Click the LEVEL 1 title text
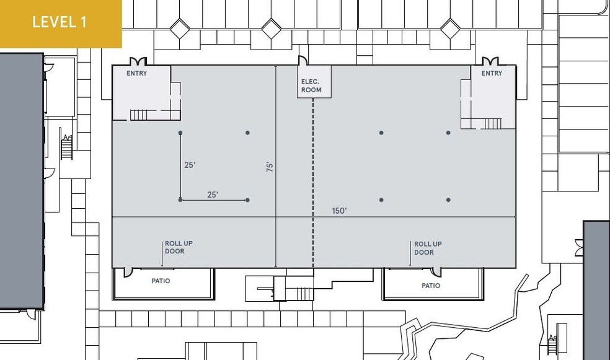tap(60, 22)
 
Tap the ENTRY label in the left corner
tap(137, 73)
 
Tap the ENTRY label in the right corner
tap(492, 73)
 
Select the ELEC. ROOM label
tap(311, 86)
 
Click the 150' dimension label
tap(339, 211)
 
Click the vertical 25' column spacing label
tap(190, 165)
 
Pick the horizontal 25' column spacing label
tap(213, 195)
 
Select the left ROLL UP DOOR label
tap(179, 247)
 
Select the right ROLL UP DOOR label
tap(428, 248)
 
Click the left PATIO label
tap(161, 281)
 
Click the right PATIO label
tap(431, 286)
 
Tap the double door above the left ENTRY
tap(137, 61)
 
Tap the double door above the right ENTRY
tap(490, 61)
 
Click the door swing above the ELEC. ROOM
tap(303, 61)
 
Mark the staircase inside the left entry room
tap(139, 115)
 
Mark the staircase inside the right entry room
tap(491, 123)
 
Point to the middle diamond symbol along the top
tap(271, 28)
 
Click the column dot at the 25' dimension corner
tap(180, 200)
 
